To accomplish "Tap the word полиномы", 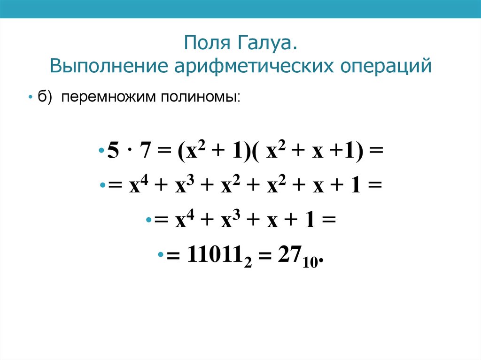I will [200, 97].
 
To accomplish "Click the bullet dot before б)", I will [29, 97].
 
